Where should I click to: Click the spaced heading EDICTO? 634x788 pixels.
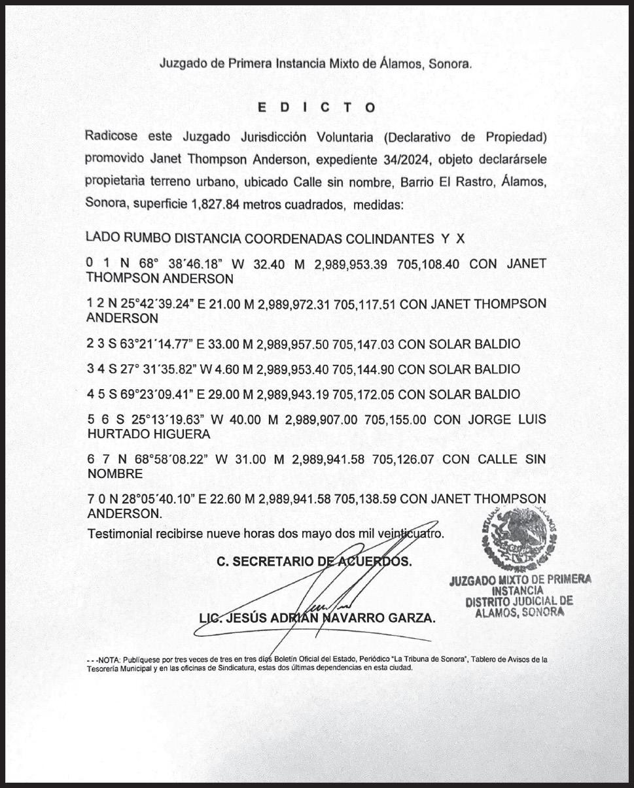pyautogui.click(x=316, y=108)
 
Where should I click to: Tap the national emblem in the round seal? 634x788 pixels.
pyautogui.click(x=521, y=540)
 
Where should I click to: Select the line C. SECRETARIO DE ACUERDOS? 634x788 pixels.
pyautogui.click(x=314, y=561)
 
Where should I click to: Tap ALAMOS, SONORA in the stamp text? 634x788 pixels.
pyautogui.click(x=520, y=613)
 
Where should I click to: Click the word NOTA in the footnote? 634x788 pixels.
pyautogui.click(x=107, y=660)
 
